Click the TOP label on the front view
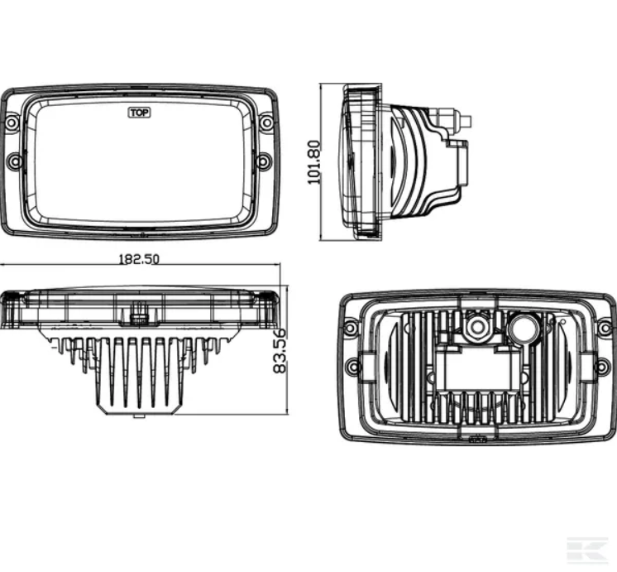139,113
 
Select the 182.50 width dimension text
139,258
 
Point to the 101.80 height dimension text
315,161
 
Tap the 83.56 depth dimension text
279,350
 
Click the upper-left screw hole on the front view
12,123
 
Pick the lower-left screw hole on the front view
14,161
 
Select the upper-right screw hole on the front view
265,123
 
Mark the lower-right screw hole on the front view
263,161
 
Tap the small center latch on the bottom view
139,315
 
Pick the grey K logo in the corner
588,549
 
